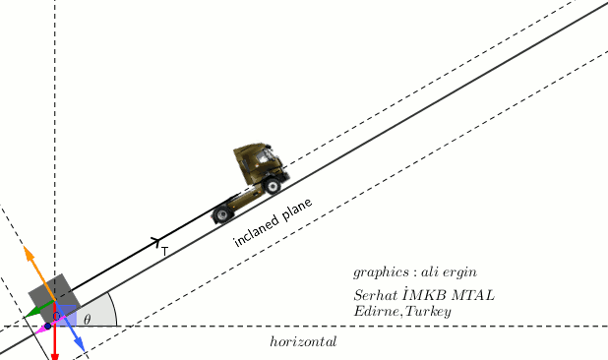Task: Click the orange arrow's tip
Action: [25, 247]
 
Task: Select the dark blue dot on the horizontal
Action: [47, 327]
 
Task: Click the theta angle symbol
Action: [88, 320]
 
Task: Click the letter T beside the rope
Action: [165, 252]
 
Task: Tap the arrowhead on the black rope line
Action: [155, 242]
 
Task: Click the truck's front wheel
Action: [273, 186]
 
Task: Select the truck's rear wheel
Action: [222, 214]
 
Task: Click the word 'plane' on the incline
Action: [297, 210]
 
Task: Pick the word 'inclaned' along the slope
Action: [257, 231]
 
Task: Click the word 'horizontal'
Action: [303, 341]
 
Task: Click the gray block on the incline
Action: [54, 298]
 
